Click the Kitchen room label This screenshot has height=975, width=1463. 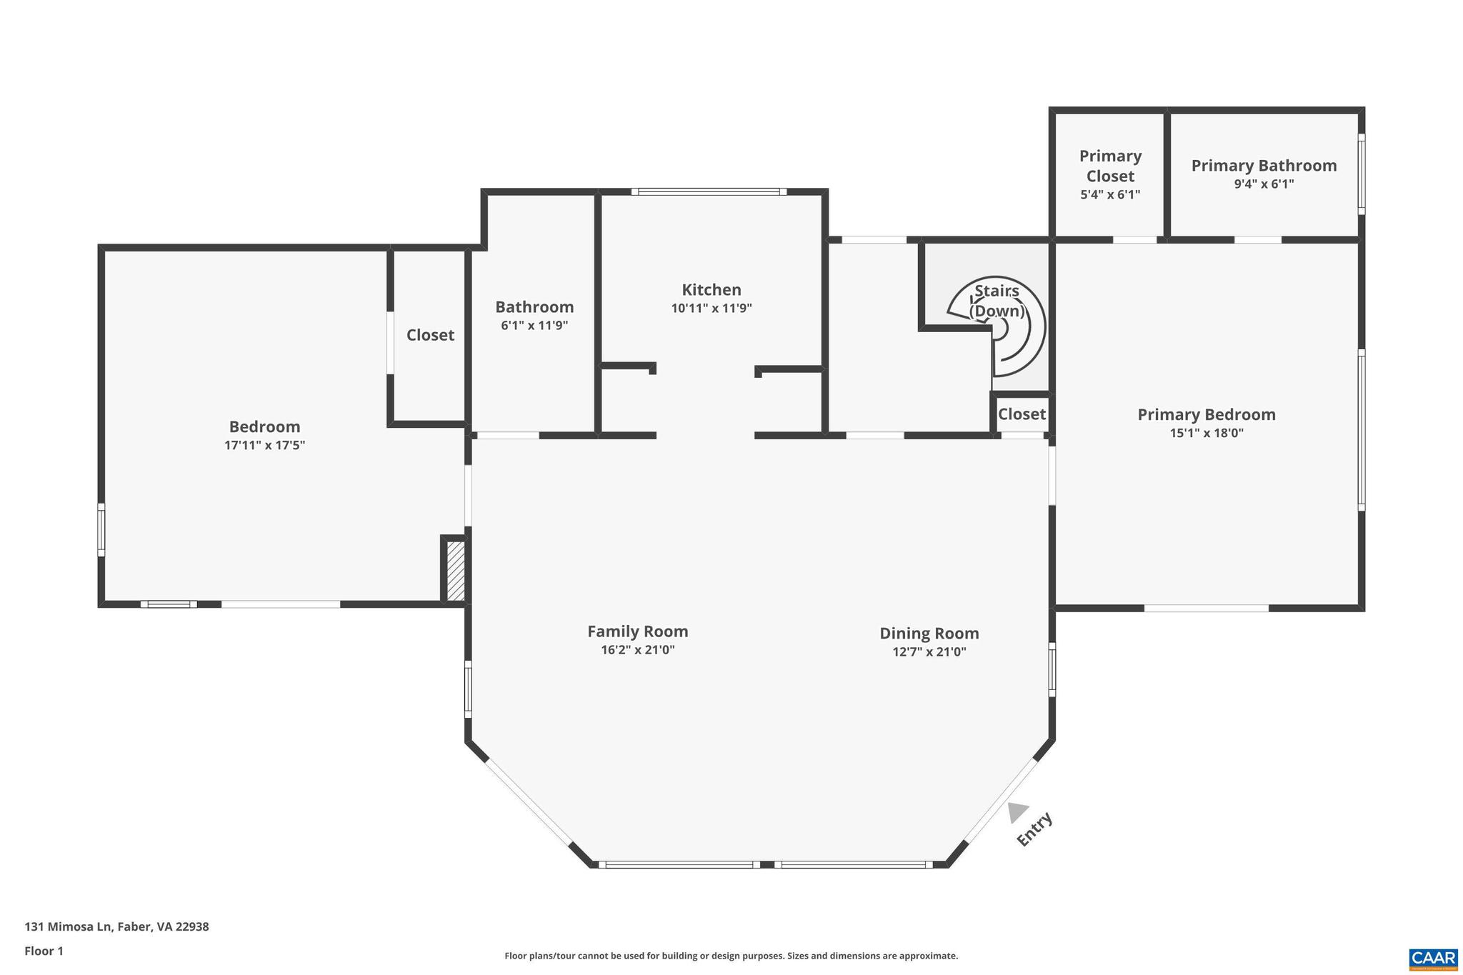711,290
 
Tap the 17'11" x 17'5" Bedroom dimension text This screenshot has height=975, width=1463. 264,445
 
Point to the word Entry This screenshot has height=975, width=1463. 1034,829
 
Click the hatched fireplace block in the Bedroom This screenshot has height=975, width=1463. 455,571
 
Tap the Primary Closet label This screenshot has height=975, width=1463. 1110,166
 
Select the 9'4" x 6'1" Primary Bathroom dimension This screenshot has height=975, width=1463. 1264,184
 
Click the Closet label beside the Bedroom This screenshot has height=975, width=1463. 430,335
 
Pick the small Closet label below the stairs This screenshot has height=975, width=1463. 1022,414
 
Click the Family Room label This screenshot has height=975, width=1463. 637,631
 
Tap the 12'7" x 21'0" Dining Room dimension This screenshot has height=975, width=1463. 929,651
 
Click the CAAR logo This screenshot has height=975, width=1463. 1433,957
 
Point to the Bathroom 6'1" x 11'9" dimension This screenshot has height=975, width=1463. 534,326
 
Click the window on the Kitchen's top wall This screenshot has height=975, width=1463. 709,191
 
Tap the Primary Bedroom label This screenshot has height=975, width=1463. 1206,414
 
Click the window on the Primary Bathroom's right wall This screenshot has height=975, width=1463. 1362,174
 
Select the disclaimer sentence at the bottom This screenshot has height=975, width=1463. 731,956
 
